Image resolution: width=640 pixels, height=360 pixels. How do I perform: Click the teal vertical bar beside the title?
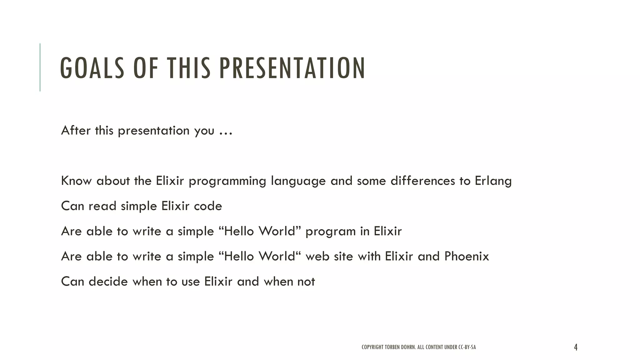click(40, 67)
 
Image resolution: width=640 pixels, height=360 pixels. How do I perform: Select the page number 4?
click(576, 347)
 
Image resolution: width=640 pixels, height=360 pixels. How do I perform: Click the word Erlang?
click(493, 181)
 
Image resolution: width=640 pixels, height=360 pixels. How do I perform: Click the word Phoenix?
click(467, 256)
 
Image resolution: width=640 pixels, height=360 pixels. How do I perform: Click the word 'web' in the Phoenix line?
click(313, 257)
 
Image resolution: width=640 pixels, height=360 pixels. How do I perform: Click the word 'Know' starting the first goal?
click(76, 181)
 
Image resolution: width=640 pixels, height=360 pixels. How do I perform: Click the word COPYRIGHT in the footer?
click(372, 347)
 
